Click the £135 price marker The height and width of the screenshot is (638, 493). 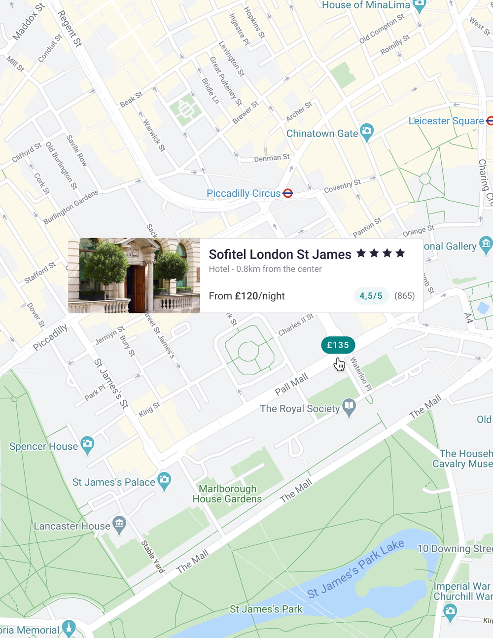(x=338, y=345)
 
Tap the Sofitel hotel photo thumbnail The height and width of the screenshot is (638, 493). (x=134, y=276)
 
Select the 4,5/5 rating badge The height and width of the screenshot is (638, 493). (x=371, y=296)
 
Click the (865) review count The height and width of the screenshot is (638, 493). (x=404, y=296)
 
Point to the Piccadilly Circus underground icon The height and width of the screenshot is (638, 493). (x=288, y=193)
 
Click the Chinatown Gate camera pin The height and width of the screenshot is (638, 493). (x=366, y=131)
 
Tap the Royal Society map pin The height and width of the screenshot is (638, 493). (x=349, y=407)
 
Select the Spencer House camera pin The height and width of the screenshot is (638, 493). (x=87, y=444)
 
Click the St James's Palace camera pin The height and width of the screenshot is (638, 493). (x=164, y=480)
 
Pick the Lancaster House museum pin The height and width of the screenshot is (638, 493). (x=119, y=524)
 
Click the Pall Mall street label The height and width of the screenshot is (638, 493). (x=291, y=384)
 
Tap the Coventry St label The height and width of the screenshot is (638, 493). (x=342, y=186)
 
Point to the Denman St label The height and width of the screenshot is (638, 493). (x=272, y=158)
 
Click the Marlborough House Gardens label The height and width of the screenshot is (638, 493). (x=227, y=494)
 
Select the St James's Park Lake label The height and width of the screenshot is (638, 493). (x=356, y=568)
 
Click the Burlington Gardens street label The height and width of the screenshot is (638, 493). (x=70, y=207)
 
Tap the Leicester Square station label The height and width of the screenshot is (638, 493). (x=446, y=121)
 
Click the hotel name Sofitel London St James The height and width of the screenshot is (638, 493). (x=280, y=254)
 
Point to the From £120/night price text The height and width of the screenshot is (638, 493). (x=246, y=296)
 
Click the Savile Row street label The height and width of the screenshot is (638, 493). (x=76, y=150)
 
